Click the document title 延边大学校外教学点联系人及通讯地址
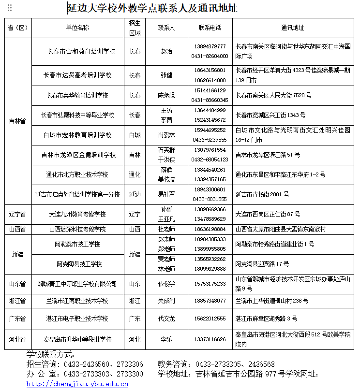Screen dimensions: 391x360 pyautogui.click(x=152, y=9)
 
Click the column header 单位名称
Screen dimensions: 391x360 pyautogui.click(x=77, y=28)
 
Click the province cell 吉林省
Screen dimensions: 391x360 pyautogui.click(x=17, y=121)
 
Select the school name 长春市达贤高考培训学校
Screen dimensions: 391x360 pyautogui.click(x=77, y=75)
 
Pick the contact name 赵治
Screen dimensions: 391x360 pyautogui.click(x=166, y=51)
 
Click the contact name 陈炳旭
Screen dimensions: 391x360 pyautogui.click(x=166, y=95)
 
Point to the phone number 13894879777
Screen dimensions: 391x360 pyautogui.click(x=210, y=46)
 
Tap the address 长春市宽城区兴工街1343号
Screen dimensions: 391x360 pyautogui.click(x=270, y=115)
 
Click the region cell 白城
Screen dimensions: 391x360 pyautogui.click(x=135, y=135)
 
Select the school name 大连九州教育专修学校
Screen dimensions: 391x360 pyautogui.click(x=77, y=214)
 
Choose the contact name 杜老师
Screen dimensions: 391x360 pyautogui.click(x=166, y=229)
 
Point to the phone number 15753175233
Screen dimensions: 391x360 pyautogui.click(x=210, y=284)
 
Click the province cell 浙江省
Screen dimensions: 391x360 pyautogui.click(x=17, y=301)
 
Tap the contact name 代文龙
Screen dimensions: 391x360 pyautogui.click(x=166, y=319)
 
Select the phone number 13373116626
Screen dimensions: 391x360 pyautogui.click(x=210, y=339)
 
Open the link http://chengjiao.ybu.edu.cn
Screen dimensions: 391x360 pyautogui.click(x=77, y=384)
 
